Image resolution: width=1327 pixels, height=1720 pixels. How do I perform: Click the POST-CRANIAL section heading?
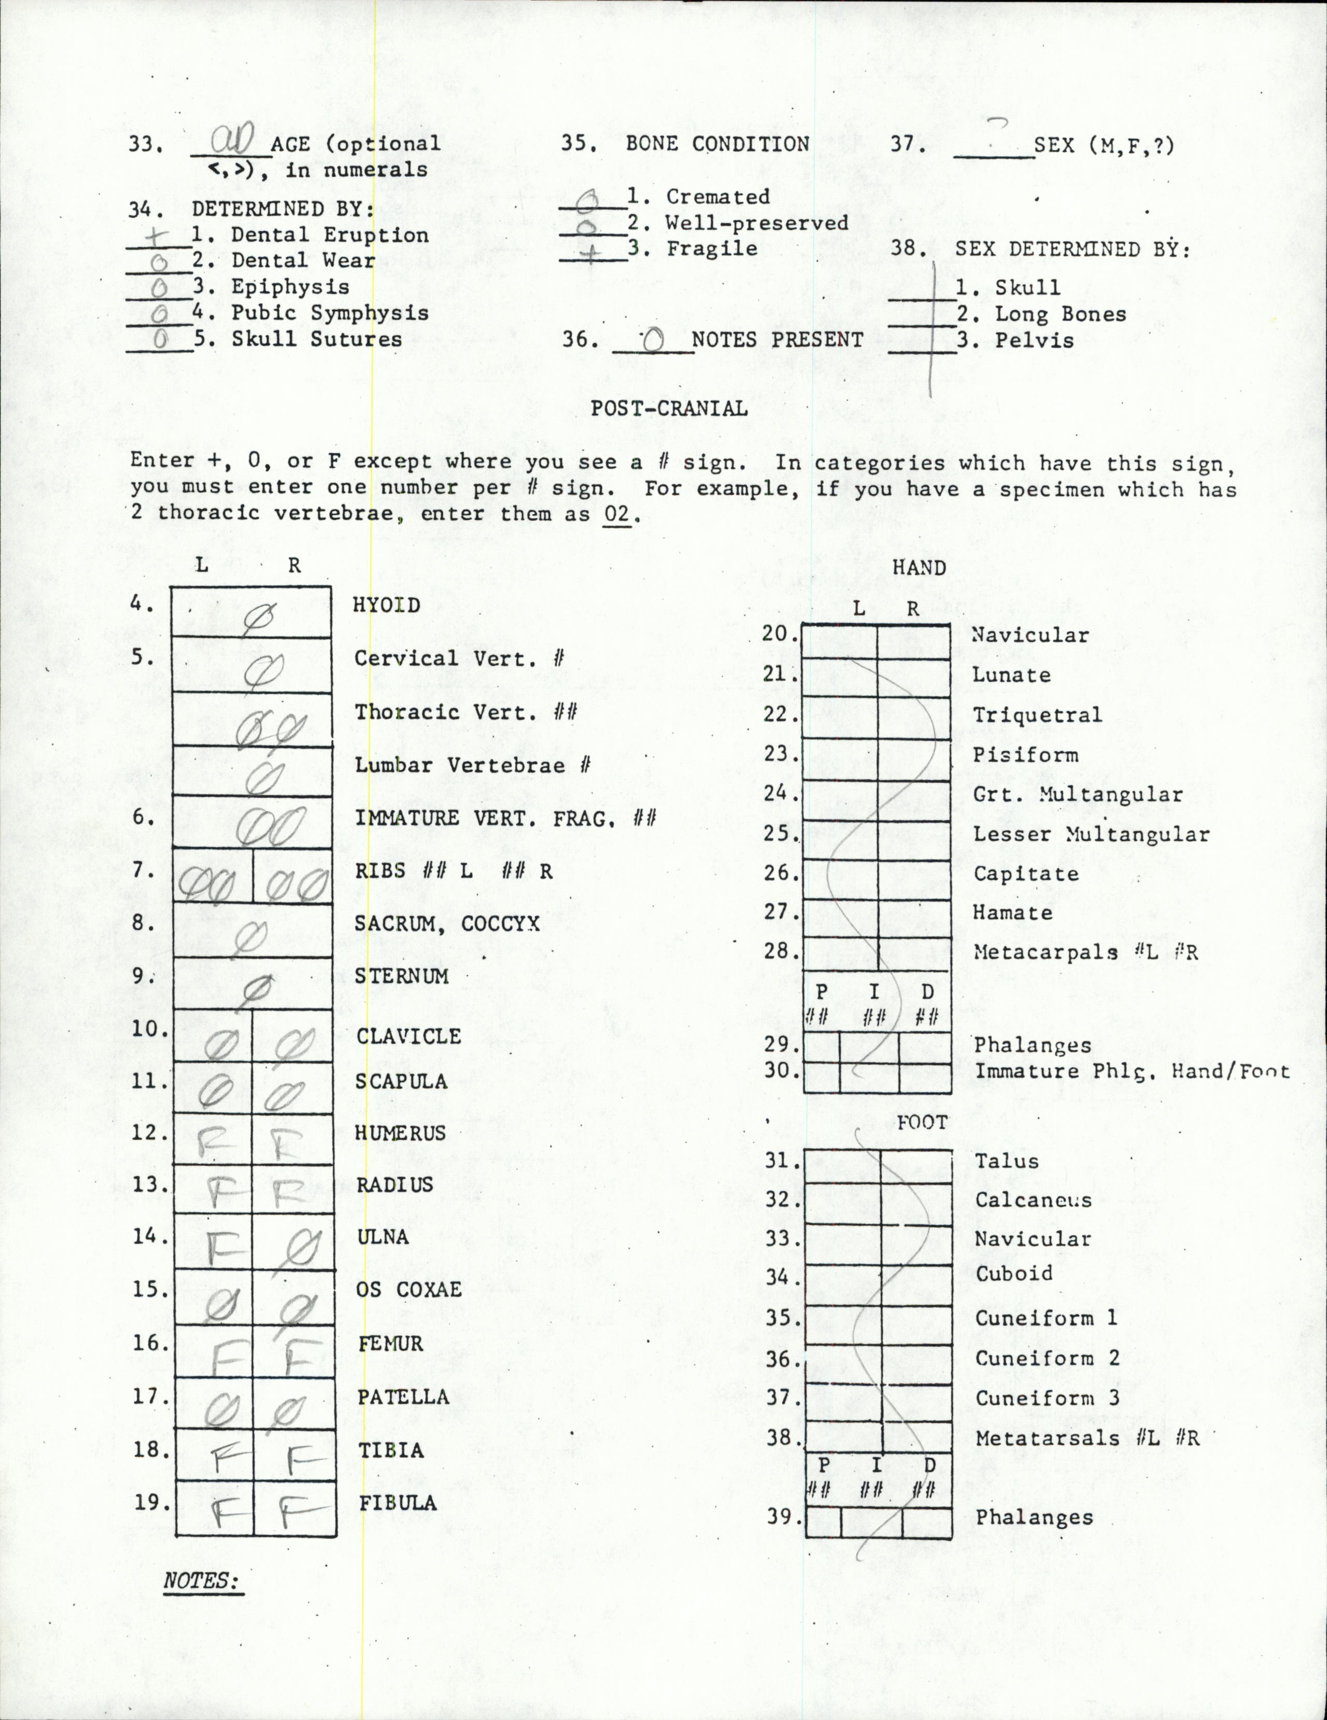coord(669,408)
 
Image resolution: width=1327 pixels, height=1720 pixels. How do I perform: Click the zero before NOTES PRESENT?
coord(653,340)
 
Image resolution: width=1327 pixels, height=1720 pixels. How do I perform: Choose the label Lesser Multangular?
coord(1091,834)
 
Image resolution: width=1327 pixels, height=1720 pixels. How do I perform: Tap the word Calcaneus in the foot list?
coord(1033,1200)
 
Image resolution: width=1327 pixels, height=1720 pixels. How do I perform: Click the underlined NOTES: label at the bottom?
coord(203,1581)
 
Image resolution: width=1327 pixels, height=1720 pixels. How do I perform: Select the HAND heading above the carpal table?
coord(919,568)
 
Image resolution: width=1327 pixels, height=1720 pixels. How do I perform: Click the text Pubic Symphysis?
coord(329,313)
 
